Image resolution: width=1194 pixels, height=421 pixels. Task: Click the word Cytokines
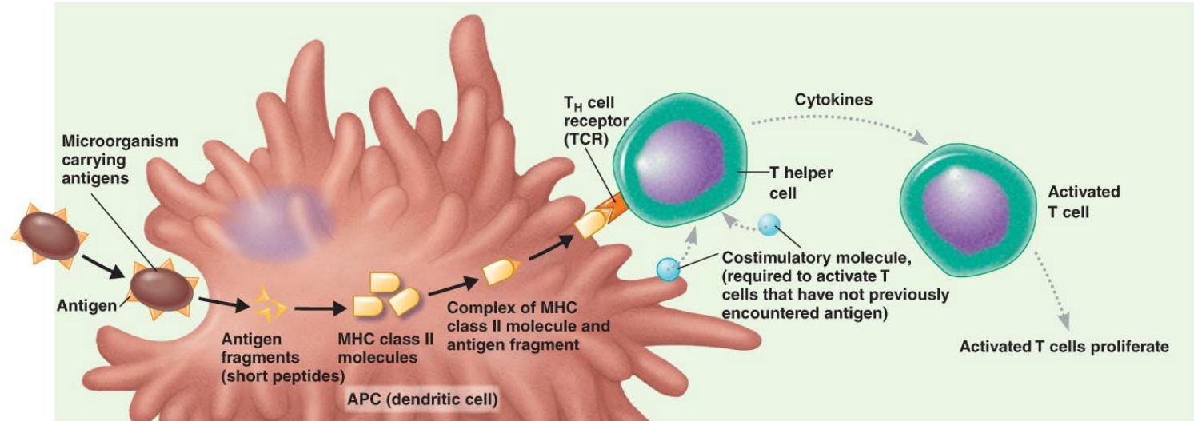833,101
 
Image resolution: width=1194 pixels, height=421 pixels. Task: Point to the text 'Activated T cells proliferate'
1064,347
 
